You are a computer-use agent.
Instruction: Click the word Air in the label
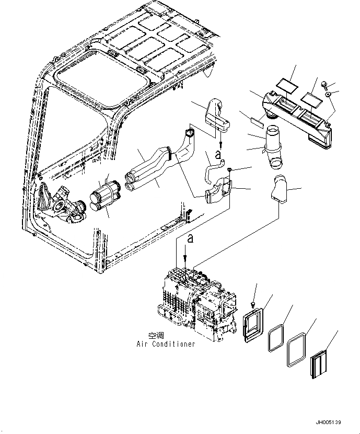[143, 344]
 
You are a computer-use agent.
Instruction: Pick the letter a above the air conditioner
[190, 239]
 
